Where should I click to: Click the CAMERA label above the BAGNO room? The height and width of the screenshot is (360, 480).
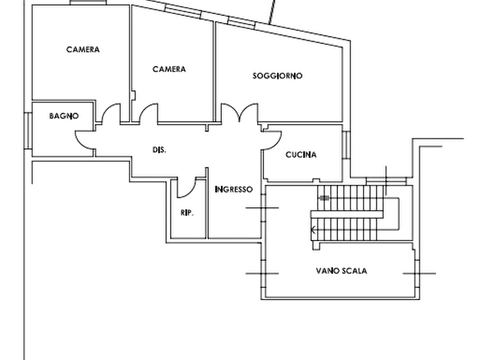(83, 49)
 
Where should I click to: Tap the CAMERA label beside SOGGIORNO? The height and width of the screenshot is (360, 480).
(169, 69)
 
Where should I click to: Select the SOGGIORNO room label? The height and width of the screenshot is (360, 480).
(278, 76)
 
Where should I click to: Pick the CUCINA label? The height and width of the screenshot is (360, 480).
(301, 155)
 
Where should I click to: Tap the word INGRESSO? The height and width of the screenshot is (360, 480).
(234, 190)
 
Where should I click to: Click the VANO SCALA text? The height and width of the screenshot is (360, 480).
(342, 272)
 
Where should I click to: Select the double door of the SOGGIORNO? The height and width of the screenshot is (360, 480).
(240, 113)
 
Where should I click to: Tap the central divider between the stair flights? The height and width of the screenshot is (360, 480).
(346, 214)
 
